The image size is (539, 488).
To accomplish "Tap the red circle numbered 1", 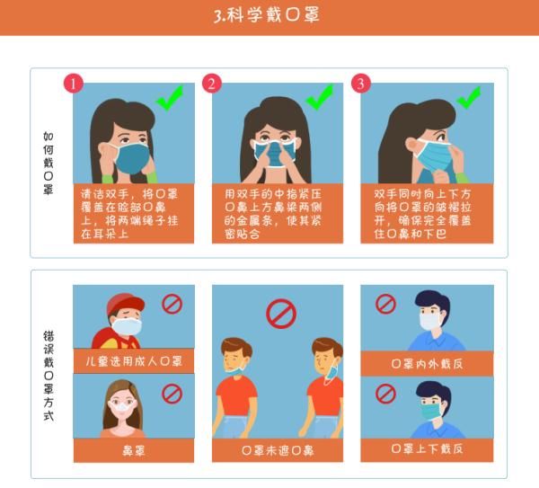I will pyautogui.click(x=74, y=84).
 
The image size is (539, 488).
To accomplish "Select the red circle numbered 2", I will pyautogui.click(x=212, y=84).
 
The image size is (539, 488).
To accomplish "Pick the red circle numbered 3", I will pyautogui.click(x=361, y=84).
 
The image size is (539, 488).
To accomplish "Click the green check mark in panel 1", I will pyautogui.click(x=169, y=96).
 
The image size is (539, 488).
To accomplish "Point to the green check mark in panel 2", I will pyautogui.click(x=319, y=96).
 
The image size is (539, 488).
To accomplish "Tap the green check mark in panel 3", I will pyautogui.click(x=469, y=96).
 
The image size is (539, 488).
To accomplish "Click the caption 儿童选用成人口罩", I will pyautogui.click(x=133, y=361).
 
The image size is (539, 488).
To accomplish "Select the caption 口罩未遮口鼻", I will pyautogui.click(x=278, y=449).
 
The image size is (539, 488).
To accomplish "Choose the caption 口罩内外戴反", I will pyautogui.click(x=427, y=363).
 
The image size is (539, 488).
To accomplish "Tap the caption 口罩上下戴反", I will pyautogui.click(x=427, y=448).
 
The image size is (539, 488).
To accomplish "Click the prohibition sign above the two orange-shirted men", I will pyautogui.click(x=281, y=314).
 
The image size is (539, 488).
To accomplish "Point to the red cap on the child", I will pyautogui.click(x=123, y=304).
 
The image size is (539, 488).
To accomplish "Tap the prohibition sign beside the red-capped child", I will pyautogui.click(x=172, y=304).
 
